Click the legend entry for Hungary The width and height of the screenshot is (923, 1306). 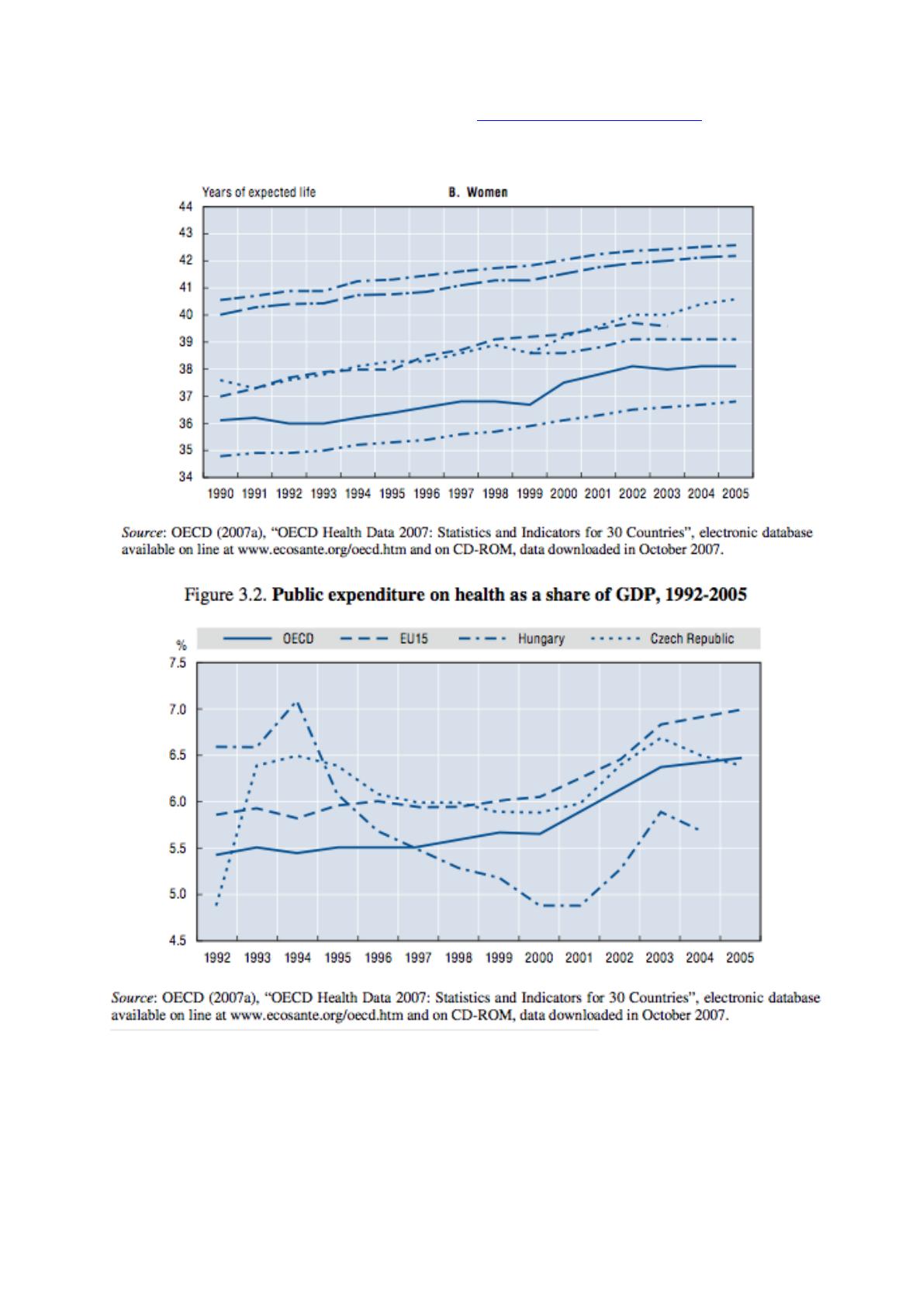[x=541, y=639]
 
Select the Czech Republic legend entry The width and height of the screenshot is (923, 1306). [x=692, y=639]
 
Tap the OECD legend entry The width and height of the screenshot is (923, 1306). [x=298, y=639]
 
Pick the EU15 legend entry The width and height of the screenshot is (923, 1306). [x=414, y=639]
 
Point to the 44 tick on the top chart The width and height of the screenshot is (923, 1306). [x=185, y=206]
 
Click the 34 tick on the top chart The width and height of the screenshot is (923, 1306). [x=185, y=477]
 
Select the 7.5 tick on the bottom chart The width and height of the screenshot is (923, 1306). [x=178, y=663]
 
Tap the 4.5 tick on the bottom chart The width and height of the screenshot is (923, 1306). [x=178, y=941]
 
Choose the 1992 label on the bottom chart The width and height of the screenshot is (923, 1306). [x=217, y=958]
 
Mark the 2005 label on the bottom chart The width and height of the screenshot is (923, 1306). [x=740, y=958]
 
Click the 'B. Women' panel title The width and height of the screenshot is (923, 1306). [x=479, y=192]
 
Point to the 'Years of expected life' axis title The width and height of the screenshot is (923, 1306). [x=259, y=192]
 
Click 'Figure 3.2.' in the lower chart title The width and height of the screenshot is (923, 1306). [x=225, y=596]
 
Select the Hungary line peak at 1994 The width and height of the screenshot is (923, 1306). [x=297, y=702]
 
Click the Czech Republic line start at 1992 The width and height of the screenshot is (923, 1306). [x=216, y=904]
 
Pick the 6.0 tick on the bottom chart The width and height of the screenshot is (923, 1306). [x=178, y=802]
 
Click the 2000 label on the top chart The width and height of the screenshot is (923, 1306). [x=564, y=493]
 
